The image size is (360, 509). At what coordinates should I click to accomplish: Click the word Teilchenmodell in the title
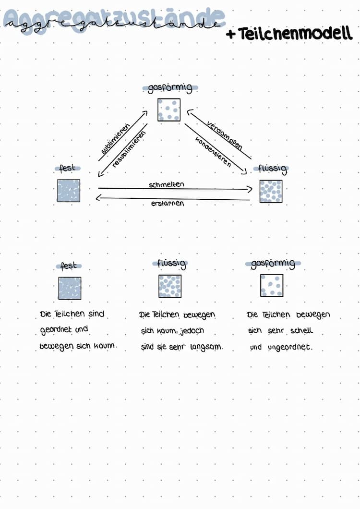tap(295, 34)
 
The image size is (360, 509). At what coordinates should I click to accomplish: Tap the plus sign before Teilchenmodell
tap(231, 34)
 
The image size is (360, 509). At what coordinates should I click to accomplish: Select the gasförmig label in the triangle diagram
tap(170, 88)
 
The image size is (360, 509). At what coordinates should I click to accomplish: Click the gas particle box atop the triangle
tap(169, 109)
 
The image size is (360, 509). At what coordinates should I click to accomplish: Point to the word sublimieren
tap(115, 139)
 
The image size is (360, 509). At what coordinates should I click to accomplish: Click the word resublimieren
tap(129, 149)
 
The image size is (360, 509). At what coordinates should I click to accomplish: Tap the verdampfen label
tap(225, 136)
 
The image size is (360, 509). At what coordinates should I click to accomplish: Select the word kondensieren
tap(213, 152)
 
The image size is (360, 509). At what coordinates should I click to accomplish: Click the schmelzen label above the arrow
tap(167, 184)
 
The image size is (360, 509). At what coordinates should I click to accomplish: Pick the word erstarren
tap(168, 204)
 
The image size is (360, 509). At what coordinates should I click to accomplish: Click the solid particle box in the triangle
tap(69, 191)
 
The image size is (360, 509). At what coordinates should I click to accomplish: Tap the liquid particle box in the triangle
tap(271, 192)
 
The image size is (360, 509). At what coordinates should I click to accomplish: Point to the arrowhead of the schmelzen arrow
tap(250, 189)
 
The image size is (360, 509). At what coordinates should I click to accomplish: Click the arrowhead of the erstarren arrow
tap(99, 198)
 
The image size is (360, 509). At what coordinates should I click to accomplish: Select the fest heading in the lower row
tap(68, 266)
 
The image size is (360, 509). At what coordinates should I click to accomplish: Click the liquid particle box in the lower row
tap(170, 286)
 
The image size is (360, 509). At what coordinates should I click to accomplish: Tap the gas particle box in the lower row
tap(272, 285)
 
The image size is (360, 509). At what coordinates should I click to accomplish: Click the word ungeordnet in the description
tap(290, 347)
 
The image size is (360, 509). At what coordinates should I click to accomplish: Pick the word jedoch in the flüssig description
tap(192, 331)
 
